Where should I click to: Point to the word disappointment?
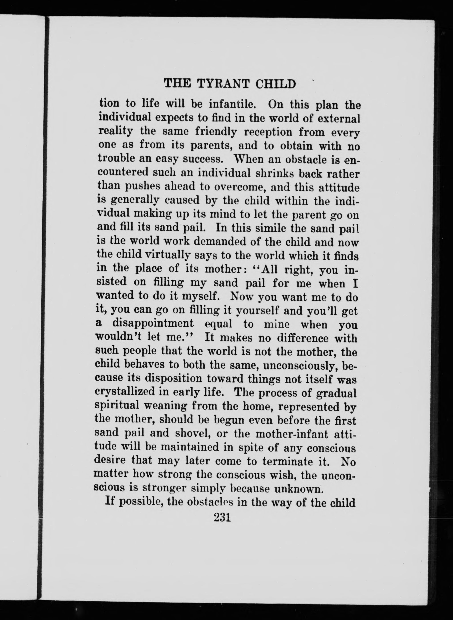(x=153, y=324)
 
